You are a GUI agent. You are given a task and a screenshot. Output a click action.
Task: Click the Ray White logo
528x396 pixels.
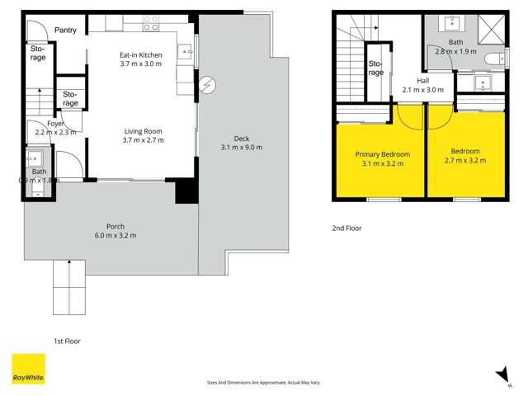click(27, 369)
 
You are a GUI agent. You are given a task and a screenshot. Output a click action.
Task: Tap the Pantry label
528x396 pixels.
click(65, 31)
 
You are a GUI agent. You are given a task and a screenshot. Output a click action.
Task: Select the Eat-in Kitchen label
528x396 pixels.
click(140, 55)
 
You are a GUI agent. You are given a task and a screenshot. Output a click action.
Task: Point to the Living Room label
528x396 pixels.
click(143, 131)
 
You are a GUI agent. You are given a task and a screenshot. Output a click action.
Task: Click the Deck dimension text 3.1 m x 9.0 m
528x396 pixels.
click(241, 148)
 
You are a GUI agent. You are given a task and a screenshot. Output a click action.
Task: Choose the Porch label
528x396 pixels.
click(115, 227)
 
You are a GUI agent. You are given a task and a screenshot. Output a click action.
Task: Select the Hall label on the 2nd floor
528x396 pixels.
click(422, 81)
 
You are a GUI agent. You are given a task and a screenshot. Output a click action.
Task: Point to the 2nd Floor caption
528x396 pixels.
click(347, 229)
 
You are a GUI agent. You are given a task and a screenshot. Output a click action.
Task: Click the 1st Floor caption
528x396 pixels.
click(67, 340)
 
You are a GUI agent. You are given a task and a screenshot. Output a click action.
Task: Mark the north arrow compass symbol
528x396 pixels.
click(502, 375)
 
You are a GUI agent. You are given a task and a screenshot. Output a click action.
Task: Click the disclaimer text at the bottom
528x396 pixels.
click(263, 382)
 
